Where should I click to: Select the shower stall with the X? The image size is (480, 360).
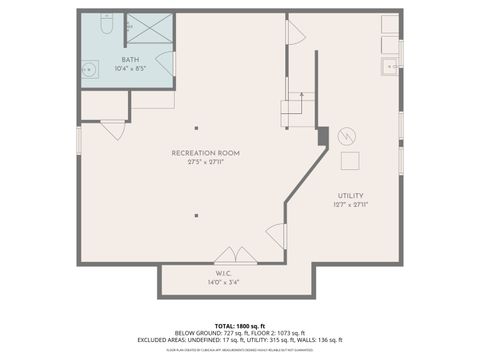[x=150, y=31]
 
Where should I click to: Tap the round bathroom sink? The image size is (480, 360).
[x=90, y=69]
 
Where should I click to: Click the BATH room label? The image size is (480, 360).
[x=131, y=59]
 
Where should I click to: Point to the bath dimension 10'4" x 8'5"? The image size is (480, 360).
[x=131, y=68]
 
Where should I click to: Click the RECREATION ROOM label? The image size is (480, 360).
[x=205, y=153]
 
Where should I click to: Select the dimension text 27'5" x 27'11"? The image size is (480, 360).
[x=205, y=162]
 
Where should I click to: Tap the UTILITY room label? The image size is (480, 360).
[x=350, y=195]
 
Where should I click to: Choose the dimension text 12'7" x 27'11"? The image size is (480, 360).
[x=350, y=204]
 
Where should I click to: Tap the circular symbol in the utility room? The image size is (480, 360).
[x=347, y=134]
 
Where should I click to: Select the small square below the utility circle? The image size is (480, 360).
[x=351, y=162]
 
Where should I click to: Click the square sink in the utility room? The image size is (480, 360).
[x=390, y=68]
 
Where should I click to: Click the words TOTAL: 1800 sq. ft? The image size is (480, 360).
[x=239, y=325]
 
